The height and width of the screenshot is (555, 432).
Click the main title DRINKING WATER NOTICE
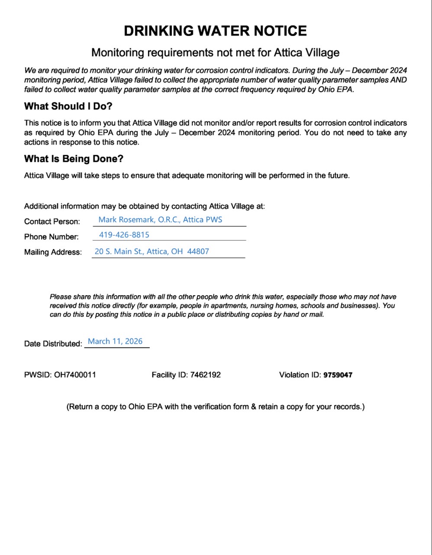pos(215,31)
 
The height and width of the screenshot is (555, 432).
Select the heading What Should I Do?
pos(68,106)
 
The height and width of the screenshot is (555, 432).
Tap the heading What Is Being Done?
pos(74,159)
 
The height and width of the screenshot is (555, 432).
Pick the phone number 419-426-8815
pos(124,235)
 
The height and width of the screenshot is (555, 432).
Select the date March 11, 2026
pos(115,342)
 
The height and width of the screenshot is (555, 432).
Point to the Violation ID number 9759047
pos(338,375)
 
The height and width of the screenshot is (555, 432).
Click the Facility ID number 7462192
pos(205,375)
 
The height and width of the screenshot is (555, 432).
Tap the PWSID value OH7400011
pos(75,375)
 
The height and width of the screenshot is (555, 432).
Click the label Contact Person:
pos(52,222)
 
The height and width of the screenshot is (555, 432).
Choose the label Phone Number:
pos(52,237)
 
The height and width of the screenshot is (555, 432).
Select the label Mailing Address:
pos(53,252)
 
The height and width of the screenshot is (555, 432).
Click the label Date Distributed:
pos(53,344)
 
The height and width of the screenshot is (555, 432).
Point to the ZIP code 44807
pos(198,252)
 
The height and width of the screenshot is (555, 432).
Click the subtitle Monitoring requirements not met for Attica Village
pos(215,53)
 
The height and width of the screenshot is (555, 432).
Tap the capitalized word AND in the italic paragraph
pos(399,80)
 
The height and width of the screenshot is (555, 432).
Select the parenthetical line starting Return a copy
pos(215,407)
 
